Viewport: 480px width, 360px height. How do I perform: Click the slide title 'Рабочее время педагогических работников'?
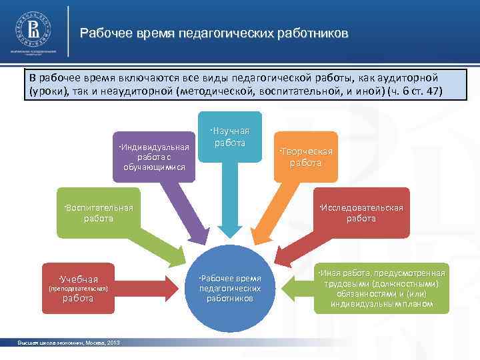tap(213, 33)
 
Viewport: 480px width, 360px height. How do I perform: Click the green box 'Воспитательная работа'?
tap(98, 213)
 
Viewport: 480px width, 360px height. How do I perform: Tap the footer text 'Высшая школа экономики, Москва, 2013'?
tap(69, 342)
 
